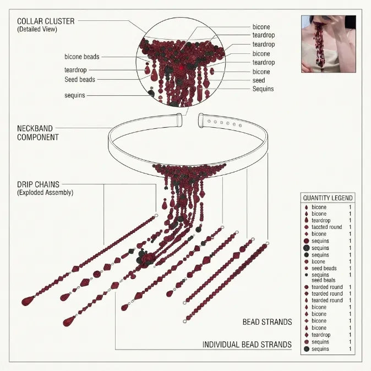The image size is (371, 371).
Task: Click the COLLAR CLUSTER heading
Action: click(46, 21)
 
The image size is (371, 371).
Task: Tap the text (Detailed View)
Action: click(37, 29)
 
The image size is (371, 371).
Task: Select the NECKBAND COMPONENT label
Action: click(38, 133)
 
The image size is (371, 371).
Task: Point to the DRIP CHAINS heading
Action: click(38, 184)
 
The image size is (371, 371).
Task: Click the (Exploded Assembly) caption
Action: click(45, 192)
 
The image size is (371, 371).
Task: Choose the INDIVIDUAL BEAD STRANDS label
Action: click(247, 345)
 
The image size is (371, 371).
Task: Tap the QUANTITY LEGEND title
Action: click(328, 198)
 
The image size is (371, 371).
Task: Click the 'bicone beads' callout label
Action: click(82, 57)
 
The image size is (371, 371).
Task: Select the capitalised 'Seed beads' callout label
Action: click(80, 79)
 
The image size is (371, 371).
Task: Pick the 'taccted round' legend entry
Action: click(327, 227)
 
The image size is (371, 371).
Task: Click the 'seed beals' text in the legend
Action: click(324, 280)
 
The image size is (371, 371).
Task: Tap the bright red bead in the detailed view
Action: click(182, 68)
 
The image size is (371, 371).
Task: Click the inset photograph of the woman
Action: click(329, 44)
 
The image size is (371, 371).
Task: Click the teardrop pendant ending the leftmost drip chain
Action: click(28, 301)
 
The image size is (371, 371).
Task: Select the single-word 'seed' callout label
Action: click(259, 80)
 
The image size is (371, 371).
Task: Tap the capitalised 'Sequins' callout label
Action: click(263, 89)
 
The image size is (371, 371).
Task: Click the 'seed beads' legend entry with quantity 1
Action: click(324, 268)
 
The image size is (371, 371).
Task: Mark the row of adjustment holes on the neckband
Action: click(225, 123)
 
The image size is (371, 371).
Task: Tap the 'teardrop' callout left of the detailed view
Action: click(75, 70)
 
